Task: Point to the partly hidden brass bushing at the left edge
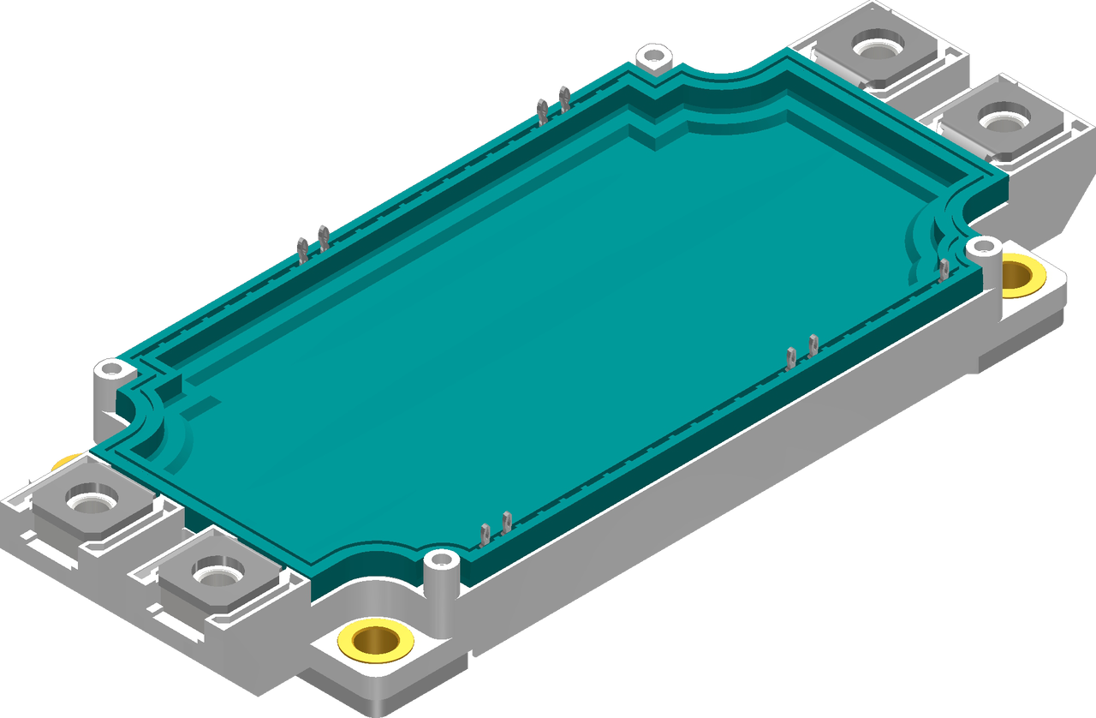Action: click(x=65, y=464)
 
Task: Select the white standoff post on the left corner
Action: click(x=110, y=372)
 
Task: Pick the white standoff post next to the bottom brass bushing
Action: click(x=442, y=562)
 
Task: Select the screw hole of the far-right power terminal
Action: click(x=1000, y=119)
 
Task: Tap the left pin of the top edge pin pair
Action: click(x=541, y=109)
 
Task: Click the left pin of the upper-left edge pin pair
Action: click(x=302, y=248)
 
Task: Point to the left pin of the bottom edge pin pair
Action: click(x=485, y=534)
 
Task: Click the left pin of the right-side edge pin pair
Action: click(x=792, y=357)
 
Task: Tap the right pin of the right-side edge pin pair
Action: click(x=813, y=344)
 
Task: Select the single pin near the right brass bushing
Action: click(x=944, y=268)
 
